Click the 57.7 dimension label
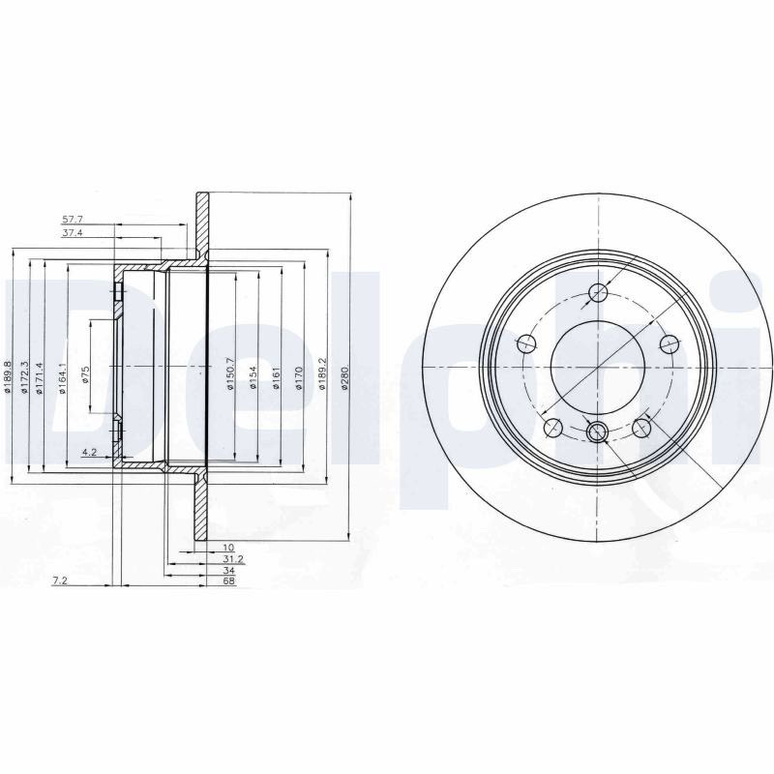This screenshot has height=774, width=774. coord(72,219)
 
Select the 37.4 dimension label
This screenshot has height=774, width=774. coord(72,232)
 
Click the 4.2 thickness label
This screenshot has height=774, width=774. coord(89,451)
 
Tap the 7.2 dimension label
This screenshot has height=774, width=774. coord(59,581)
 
